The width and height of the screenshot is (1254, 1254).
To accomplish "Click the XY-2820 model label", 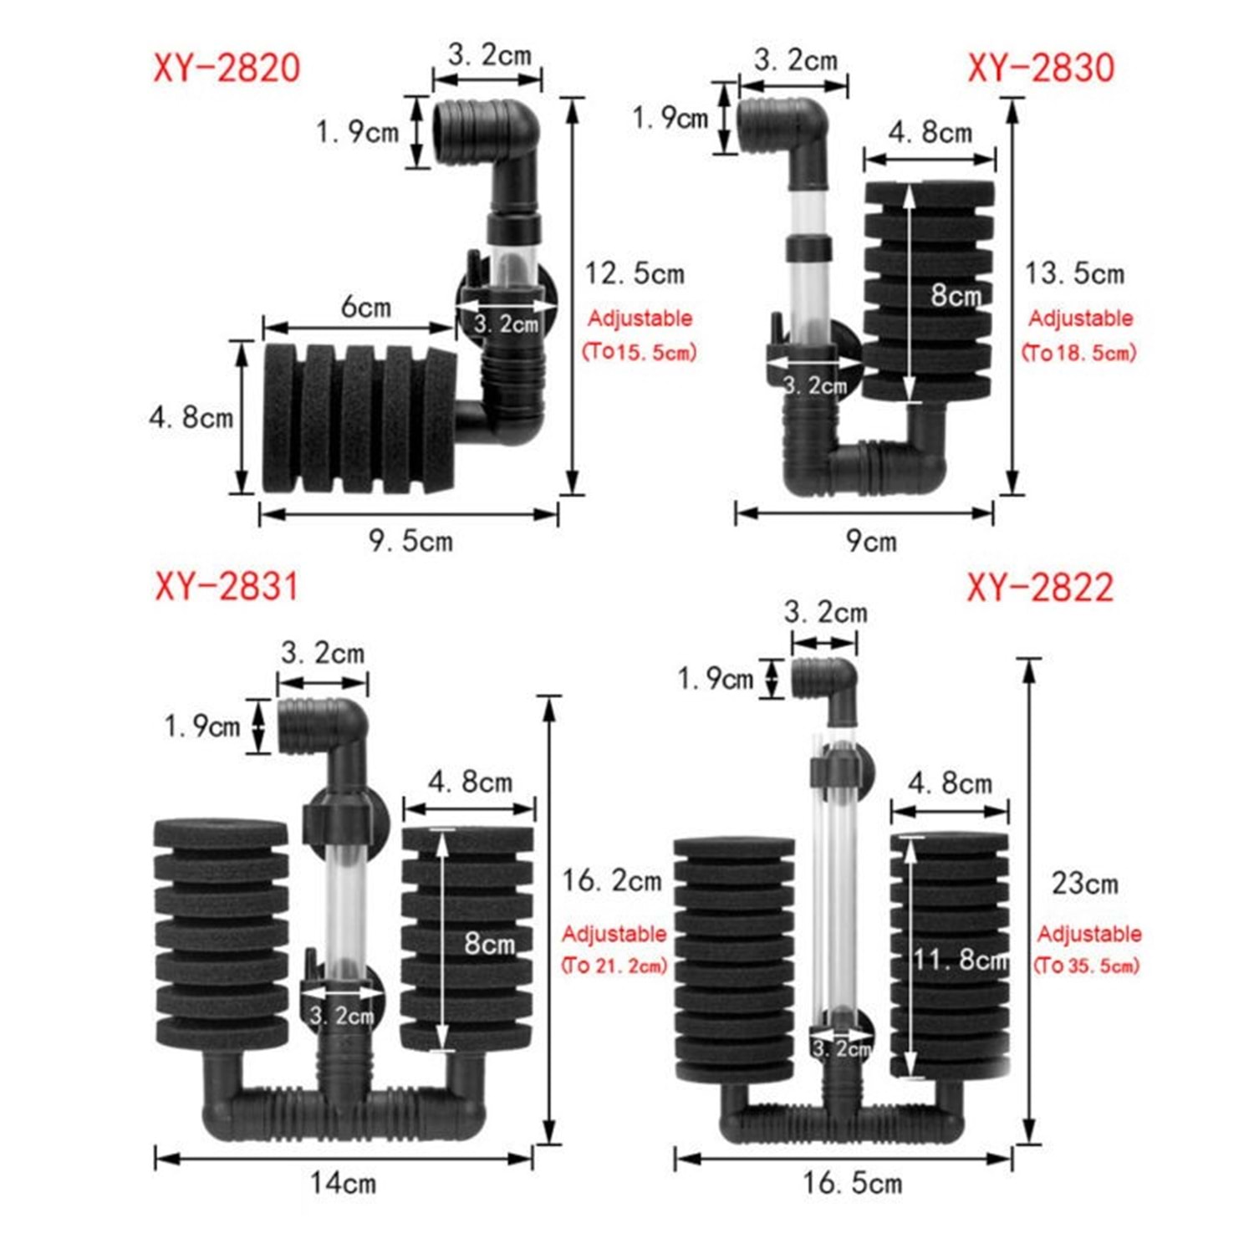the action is (227, 68).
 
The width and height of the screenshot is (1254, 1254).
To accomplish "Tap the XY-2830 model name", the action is (1041, 68).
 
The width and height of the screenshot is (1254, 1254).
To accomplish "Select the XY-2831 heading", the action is (227, 586).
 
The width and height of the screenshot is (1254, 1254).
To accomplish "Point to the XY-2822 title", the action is (1041, 588).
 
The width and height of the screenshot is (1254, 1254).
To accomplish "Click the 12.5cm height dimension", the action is (635, 273).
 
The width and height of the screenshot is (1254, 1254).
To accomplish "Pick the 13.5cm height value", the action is (1075, 273).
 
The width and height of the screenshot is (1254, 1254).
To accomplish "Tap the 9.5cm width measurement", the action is (411, 541).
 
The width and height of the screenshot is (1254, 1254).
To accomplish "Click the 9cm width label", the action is (871, 541).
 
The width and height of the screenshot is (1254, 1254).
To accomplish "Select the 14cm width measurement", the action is (344, 1183).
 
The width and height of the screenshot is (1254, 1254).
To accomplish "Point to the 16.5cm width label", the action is (853, 1183).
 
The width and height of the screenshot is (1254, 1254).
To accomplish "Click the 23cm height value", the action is (1085, 884).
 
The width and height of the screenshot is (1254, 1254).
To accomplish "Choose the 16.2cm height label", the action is (612, 880).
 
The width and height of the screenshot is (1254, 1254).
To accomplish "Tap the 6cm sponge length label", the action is (366, 307).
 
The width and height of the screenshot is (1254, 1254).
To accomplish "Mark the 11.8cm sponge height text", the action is (961, 959).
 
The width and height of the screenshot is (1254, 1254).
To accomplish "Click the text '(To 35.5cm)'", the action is (1087, 966).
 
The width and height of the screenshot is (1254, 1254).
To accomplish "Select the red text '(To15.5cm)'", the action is (640, 351).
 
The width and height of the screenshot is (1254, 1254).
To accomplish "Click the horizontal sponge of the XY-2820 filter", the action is (359, 417).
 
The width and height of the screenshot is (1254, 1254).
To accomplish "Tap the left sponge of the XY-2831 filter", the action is (222, 934).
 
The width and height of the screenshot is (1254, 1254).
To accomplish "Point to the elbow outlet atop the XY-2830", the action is (783, 130).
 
